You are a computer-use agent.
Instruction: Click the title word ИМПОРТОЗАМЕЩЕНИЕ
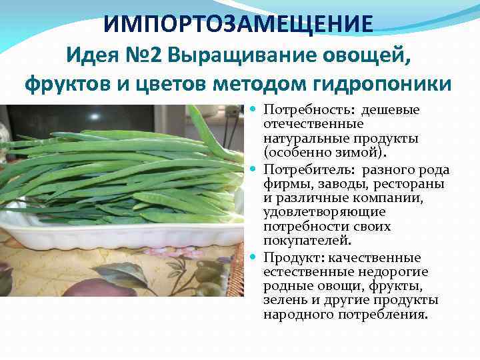click(239, 25)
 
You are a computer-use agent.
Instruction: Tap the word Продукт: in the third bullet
click(291, 257)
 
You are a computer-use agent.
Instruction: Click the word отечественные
click(304, 124)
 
